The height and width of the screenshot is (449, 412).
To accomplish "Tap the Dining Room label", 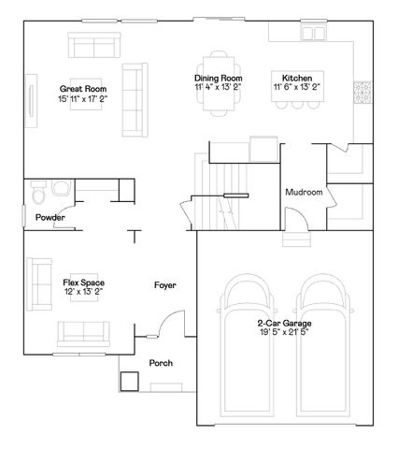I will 218,78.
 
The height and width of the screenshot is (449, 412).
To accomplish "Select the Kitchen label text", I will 298,78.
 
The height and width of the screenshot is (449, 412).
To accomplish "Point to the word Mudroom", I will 305,193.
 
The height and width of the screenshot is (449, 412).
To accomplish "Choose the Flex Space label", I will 83,282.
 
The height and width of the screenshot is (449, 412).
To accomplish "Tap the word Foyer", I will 164,284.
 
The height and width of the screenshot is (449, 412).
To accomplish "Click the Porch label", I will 161,363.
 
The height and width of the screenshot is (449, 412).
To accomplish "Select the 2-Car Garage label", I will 285,323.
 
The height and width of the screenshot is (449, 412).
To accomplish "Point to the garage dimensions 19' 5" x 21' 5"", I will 285,331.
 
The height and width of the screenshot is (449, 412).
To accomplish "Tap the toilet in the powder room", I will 38,195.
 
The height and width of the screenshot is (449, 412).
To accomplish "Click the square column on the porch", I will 128,382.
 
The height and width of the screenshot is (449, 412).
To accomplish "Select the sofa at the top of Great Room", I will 92,45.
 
